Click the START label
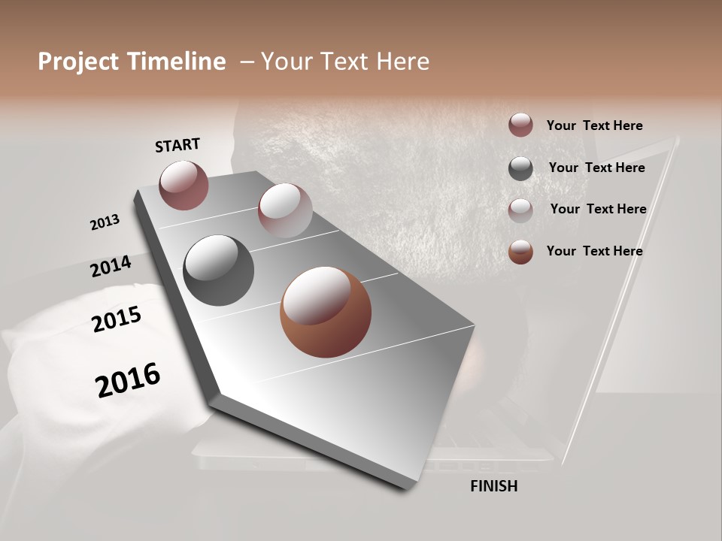(177, 145)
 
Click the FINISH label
(494, 486)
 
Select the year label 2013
(105, 222)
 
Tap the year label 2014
(111, 266)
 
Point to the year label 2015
(117, 319)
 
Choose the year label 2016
(128, 379)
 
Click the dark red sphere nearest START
(184, 185)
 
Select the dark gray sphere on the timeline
(218, 270)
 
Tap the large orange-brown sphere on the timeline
(325, 312)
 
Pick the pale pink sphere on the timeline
(284, 210)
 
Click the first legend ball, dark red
(520, 125)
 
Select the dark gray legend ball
(520, 168)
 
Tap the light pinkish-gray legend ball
(520, 210)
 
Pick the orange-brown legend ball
(520, 252)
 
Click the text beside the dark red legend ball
(594, 125)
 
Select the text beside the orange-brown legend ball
(594, 251)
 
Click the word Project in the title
(78, 62)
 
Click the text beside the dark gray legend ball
(596, 168)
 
